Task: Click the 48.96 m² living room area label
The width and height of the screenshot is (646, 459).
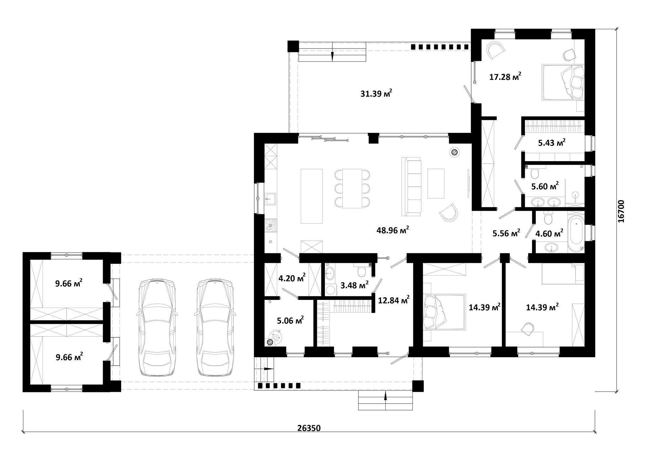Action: point(393,230)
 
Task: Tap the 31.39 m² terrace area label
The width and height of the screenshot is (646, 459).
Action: point(377,93)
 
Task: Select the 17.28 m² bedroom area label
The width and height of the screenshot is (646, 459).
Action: point(505,76)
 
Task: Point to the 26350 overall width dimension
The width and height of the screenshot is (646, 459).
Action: point(309,428)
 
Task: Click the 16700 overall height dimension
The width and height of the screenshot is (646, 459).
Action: point(621,211)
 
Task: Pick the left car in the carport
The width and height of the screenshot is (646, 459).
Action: point(157,328)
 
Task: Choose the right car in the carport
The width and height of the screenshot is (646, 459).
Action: point(215,328)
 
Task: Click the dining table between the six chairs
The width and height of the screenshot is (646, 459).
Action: point(352,188)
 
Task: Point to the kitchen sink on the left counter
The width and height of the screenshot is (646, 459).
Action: point(270,199)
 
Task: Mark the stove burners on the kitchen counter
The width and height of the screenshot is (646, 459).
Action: point(270,225)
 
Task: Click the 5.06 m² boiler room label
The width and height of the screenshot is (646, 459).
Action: point(290,321)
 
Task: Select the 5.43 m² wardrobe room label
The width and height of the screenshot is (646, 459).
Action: point(552,142)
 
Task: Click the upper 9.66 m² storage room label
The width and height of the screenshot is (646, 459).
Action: point(69,283)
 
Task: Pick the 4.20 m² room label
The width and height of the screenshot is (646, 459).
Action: point(292,278)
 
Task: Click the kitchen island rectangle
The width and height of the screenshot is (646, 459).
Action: point(312,196)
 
